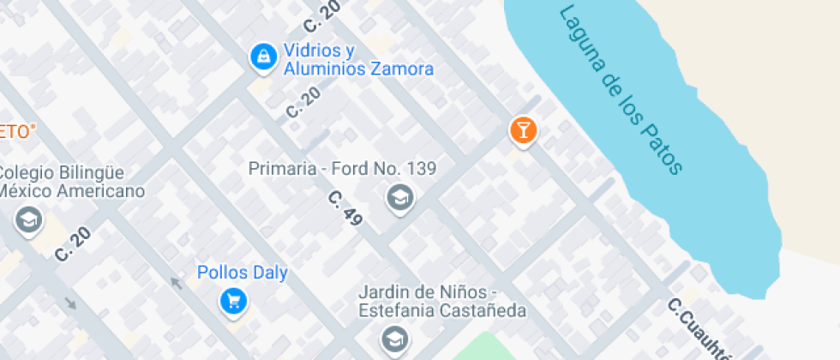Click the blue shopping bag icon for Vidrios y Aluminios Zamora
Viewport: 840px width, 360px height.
[262, 57]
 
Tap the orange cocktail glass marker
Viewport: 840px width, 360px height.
[522, 130]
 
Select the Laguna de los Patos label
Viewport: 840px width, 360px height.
[620, 89]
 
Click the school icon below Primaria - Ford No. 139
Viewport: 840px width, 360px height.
[399, 198]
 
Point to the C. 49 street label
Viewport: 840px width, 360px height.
[345, 208]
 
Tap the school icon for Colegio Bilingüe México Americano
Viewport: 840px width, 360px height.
[29, 220]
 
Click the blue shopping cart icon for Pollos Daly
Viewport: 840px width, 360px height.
[233, 301]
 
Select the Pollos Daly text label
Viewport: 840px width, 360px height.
[243, 273]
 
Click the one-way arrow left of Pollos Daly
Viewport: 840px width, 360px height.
[177, 282]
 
